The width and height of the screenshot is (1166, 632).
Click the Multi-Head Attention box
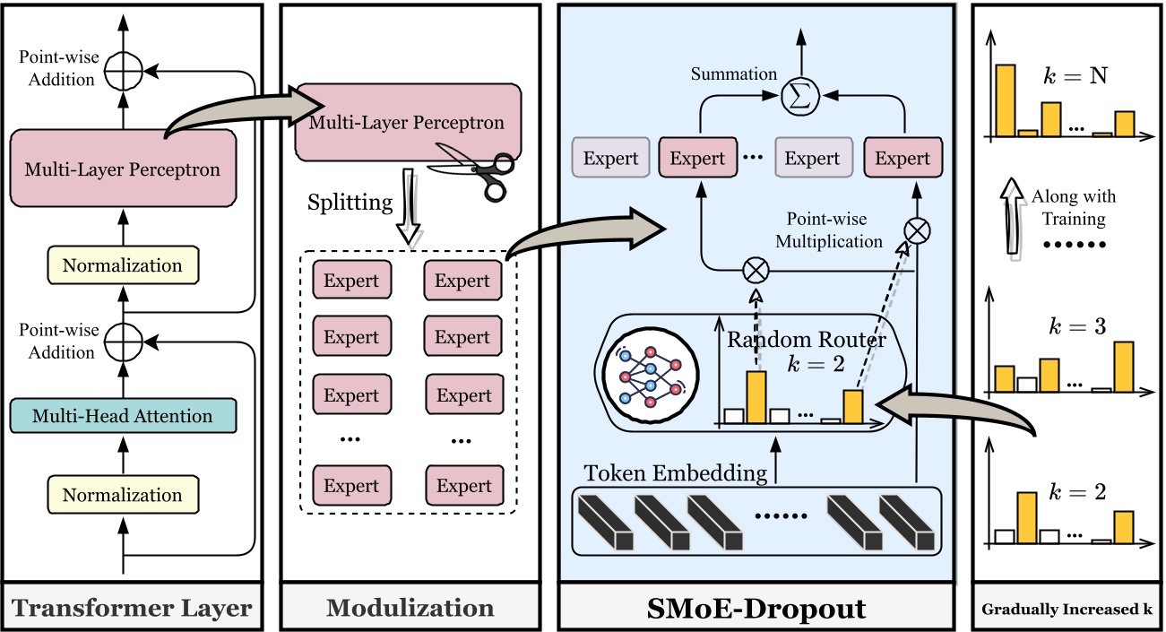[123, 416]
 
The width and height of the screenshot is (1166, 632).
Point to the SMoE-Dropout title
[756, 609]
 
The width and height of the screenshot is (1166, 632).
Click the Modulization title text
[410, 609]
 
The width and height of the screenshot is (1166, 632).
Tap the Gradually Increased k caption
[1067, 610]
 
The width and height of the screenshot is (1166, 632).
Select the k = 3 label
[1076, 326]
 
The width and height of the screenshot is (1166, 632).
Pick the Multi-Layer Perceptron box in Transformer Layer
[123, 168]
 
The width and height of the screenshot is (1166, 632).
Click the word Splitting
[350, 203]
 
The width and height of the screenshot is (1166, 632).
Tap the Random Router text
[806, 341]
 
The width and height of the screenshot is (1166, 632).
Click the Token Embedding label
[676, 472]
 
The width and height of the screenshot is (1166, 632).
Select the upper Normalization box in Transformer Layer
[123, 266]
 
